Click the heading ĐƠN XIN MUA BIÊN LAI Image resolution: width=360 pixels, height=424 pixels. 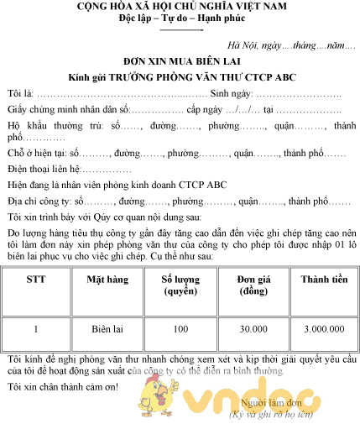click(180, 61)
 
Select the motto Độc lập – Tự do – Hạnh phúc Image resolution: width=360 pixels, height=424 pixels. click(180, 19)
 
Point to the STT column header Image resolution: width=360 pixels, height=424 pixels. click(35, 279)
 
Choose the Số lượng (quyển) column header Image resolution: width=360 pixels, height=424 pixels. click(180, 285)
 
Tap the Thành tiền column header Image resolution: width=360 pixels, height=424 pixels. click(323, 279)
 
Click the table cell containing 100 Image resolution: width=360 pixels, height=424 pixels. click(180, 330)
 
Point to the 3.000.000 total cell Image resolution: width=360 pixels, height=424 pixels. click(323, 330)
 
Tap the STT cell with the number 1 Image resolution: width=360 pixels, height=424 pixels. click(35, 330)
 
